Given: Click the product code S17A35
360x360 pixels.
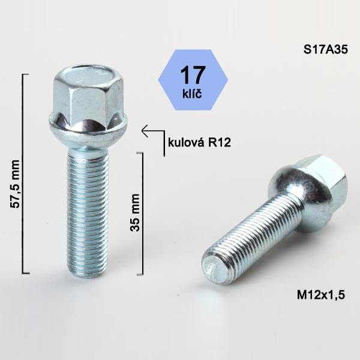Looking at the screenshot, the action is pyautogui.click(x=326, y=50).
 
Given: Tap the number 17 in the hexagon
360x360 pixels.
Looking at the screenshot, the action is pyautogui.click(x=193, y=75).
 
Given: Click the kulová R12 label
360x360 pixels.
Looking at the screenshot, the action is pyautogui.click(x=199, y=143).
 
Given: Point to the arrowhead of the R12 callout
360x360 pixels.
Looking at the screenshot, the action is pyautogui.click(x=143, y=131).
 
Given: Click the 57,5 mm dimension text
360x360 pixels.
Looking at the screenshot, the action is pyautogui.click(x=16, y=184).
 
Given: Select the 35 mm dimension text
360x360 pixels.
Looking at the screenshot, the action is pyautogui.click(x=135, y=212).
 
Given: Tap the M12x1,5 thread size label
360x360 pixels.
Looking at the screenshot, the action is pyautogui.click(x=321, y=295).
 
